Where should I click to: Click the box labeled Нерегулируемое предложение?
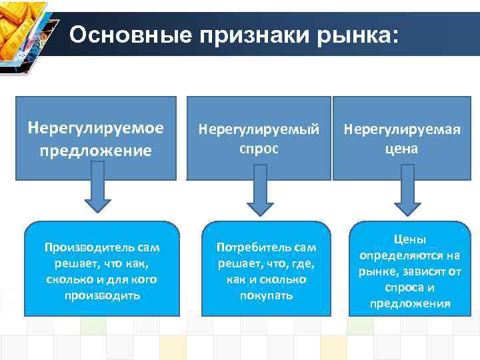coord(96,139)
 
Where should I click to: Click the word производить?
coord(102,295)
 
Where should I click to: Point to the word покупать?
coord(265,295)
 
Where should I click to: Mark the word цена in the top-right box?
coord(404,148)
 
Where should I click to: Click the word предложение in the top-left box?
coord(96,150)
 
